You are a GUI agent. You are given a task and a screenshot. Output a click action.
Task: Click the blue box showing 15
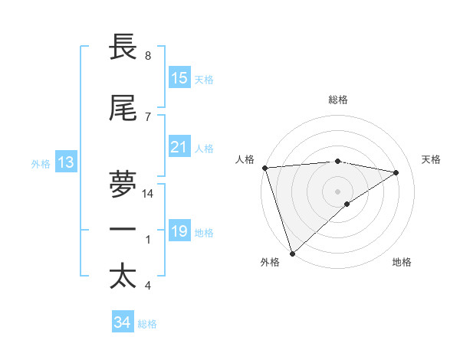coord(179,78)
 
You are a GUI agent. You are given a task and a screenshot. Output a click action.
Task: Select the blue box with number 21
coord(179,147)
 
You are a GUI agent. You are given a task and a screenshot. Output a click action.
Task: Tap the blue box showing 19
coord(179,231)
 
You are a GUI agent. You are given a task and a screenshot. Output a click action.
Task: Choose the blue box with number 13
coord(65,162)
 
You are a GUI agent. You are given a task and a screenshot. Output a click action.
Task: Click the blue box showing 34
coord(123,322)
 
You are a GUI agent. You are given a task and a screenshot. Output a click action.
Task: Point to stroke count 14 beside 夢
coord(149,194)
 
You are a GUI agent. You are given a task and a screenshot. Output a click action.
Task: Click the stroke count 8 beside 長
coord(148,56)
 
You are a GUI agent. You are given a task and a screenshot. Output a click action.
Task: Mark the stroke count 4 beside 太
coord(148,286)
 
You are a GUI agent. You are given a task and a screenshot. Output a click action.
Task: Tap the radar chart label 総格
coord(338,100)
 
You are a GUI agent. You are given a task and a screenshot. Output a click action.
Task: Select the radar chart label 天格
coord(431,159)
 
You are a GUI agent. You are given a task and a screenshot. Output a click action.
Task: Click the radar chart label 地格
coord(402,262)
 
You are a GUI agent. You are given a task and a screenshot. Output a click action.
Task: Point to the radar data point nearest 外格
coord(291,252)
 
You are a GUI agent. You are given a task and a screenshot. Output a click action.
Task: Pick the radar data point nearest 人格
coord(264,168)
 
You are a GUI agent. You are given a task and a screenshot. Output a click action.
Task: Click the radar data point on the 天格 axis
coord(396,172)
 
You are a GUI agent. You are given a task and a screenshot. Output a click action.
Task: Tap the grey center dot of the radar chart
coord(337,191)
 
